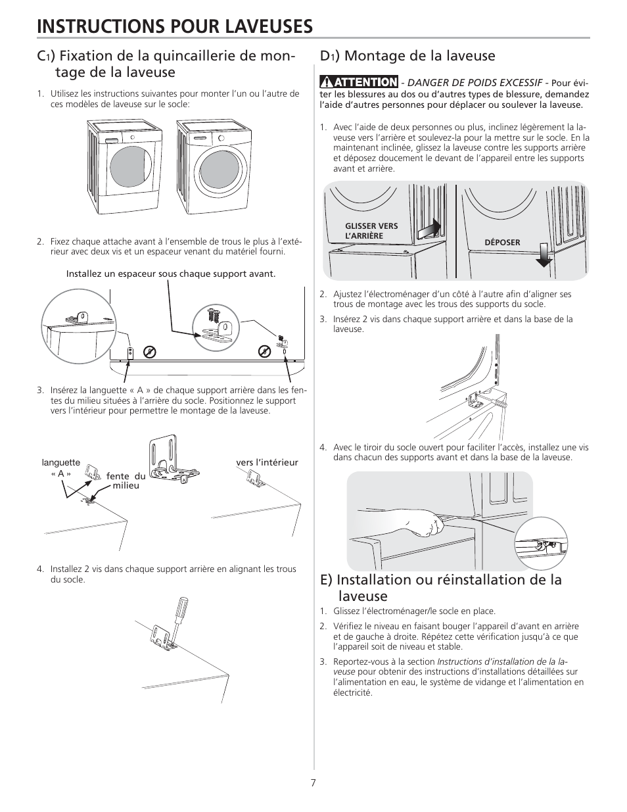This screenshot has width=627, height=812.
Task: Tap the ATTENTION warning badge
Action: [360, 82]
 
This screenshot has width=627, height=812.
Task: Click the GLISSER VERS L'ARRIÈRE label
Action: [371, 231]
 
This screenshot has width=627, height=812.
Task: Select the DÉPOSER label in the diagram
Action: [502, 243]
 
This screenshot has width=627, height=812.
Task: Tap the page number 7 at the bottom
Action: [313, 782]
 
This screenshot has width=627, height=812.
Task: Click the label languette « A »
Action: [61, 467]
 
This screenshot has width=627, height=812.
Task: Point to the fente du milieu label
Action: [126, 481]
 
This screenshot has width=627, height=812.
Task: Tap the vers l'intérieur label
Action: [267, 462]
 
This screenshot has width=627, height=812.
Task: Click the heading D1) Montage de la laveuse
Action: [407, 56]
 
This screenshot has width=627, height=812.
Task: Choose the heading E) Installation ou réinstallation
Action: [441, 587]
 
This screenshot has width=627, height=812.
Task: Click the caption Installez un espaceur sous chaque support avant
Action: [171, 274]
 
